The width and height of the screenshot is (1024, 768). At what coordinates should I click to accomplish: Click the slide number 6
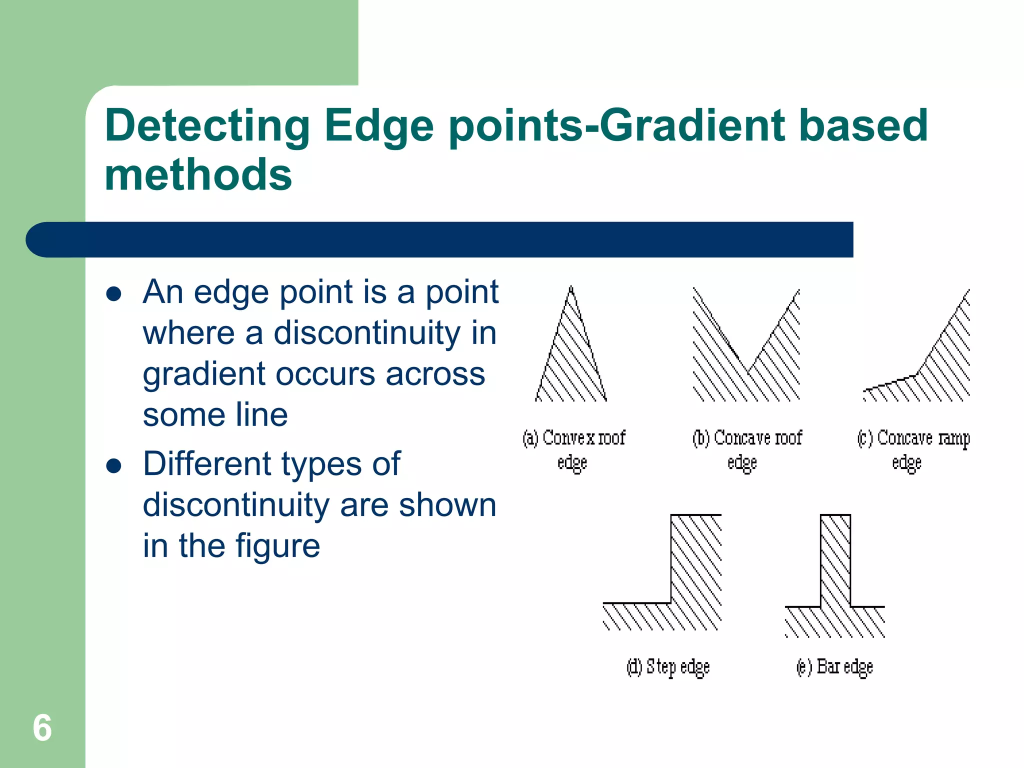[x=42, y=728]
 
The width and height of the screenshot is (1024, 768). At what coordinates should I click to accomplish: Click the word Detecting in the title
[x=207, y=126]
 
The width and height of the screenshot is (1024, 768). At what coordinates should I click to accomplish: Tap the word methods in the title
[x=198, y=175]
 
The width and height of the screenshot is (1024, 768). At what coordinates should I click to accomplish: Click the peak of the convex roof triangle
[x=571, y=287]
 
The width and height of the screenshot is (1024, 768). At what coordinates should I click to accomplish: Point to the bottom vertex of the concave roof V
[x=748, y=372]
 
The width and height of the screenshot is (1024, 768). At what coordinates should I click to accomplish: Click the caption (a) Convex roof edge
[x=573, y=449]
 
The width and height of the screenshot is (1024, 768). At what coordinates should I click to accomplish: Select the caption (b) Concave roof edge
[x=746, y=449]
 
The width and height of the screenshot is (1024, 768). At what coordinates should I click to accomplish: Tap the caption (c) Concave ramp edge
[x=913, y=449]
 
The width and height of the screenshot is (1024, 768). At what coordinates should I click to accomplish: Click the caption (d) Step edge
[x=668, y=667]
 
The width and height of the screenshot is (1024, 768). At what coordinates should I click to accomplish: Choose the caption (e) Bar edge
[x=834, y=667]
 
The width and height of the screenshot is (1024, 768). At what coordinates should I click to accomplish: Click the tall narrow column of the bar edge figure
[x=835, y=560]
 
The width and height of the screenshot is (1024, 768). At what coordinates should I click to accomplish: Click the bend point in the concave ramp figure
[x=917, y=374]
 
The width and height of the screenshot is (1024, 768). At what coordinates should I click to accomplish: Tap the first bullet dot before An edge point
[x=114, y=294]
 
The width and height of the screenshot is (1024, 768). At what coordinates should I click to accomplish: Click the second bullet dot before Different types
[x=114, y=466]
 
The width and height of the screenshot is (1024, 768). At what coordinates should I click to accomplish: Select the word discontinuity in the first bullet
[x=367, y=333]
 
